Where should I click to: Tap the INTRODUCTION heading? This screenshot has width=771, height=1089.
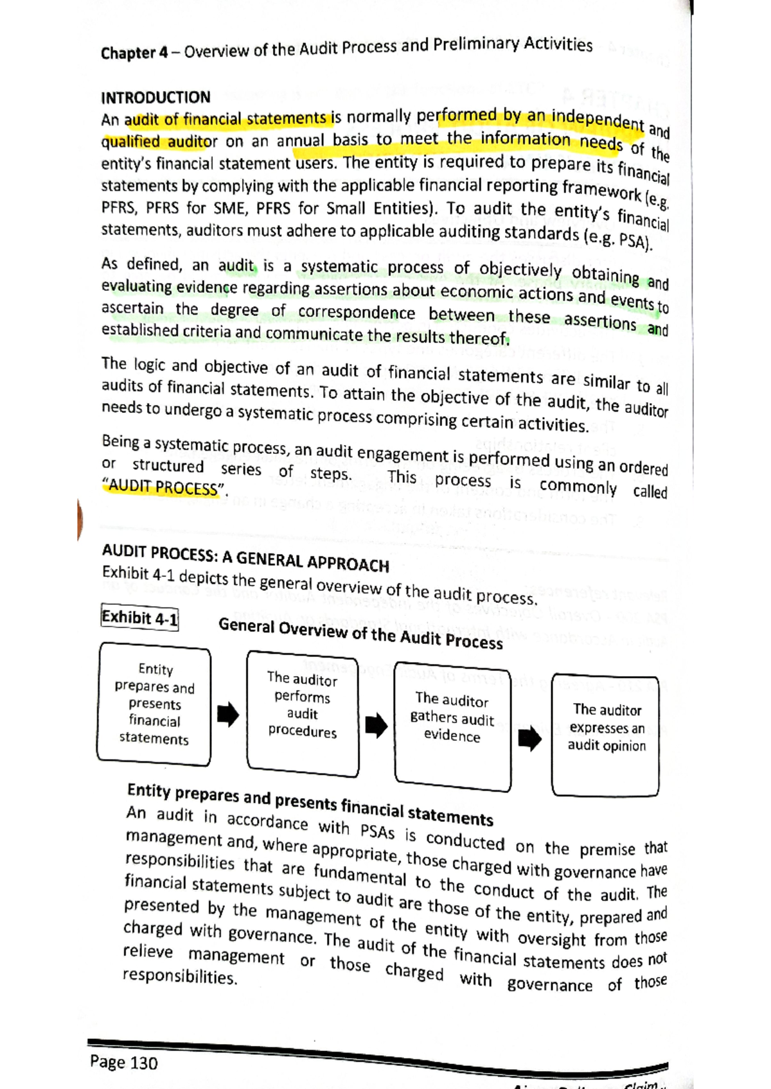155,98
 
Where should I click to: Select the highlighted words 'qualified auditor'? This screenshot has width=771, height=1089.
159,141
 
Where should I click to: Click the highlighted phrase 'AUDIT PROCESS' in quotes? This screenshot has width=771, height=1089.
164,487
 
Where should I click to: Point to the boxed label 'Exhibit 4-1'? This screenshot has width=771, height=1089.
139,618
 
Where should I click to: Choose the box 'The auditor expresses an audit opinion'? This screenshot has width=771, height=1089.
606,735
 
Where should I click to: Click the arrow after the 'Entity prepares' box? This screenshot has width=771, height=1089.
228,713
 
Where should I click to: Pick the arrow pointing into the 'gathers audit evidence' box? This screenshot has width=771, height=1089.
376,725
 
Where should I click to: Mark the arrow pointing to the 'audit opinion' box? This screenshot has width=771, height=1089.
529,739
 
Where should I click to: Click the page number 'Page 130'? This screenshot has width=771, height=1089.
124,1063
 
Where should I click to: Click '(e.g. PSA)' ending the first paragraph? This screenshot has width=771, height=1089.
617,240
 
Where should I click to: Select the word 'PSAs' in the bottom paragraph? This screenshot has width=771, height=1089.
377,832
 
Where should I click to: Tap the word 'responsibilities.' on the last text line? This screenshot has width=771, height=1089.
180,977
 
